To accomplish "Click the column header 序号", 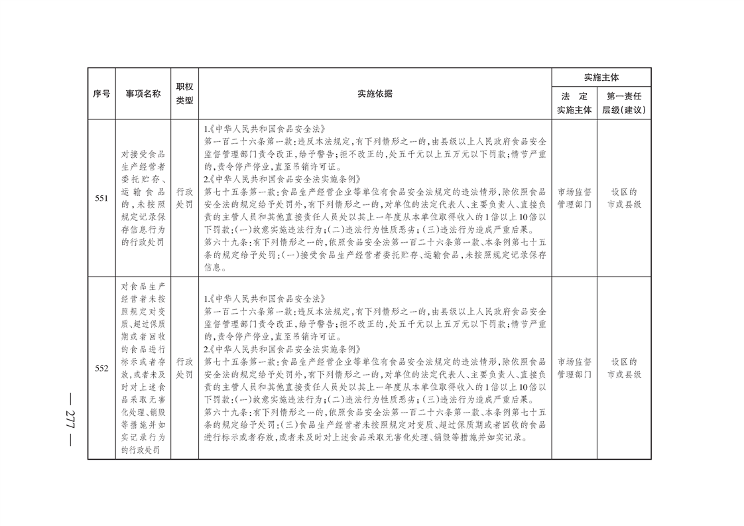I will (x=101, y=94).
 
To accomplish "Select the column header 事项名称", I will (x=143, y=94).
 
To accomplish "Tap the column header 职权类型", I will (x=184, y=94).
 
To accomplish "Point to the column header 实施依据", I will (x=375, y=94).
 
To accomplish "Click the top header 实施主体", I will (x=601, y=78).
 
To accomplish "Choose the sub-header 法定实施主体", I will (x=574, y=103).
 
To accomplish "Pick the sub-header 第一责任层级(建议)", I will (x=624, y=103).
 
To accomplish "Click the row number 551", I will (x=101, y=198).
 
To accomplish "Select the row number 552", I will (x=101, y=368).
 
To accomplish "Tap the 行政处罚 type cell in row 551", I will (x=184, y=198).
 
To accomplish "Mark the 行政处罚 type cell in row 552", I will (x=184, y=368).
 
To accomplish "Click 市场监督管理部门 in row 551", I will (x=574, y=198).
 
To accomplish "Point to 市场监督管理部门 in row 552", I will (x=574, y=368).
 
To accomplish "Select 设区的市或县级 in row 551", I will (x=624, y=198).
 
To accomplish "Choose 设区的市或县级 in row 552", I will (x=624, y=368).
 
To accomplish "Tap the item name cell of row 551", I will (x=143, y=198).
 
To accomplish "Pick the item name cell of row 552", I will (x=143, y=368).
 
